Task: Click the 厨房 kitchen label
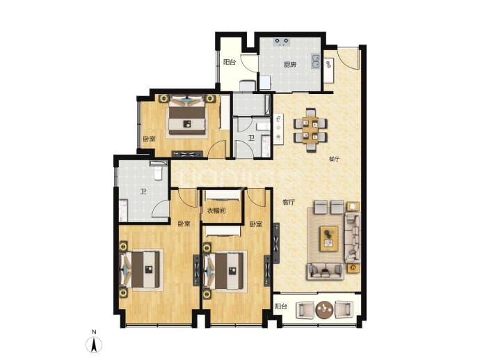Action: pos(289,65)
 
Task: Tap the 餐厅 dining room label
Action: pos(334,159)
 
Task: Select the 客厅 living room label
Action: pos(289,202)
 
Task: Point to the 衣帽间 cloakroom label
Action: pos(216,211)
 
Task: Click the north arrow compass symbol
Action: pos(94,344)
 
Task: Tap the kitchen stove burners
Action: pos(282,42)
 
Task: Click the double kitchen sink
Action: pos(316,61)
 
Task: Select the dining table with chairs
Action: pos(310,130)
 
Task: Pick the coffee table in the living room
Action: pos(329,238)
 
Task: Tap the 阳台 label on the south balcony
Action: pos(281,306)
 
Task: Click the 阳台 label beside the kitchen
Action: pos(230,62)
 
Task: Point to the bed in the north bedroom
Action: pos(187,116)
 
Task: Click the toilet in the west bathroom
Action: pos(158,171)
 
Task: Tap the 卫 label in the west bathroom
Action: pos(143,192)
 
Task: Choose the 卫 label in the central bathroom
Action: pos(251,139)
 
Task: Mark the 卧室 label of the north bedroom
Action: pos(150,139)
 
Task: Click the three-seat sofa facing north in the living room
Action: pos(326,271)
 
